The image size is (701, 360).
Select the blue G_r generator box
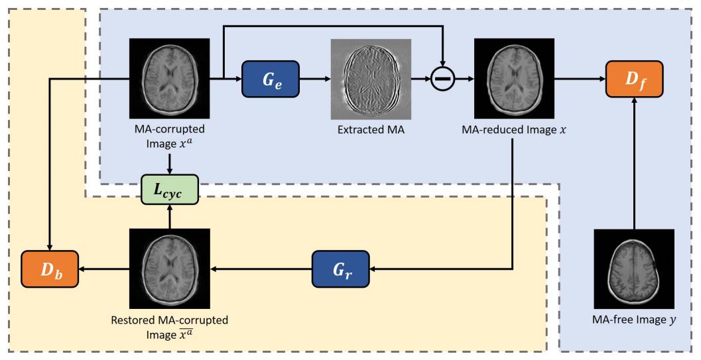tap(340, 269)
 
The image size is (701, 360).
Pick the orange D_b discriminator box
tap(50, 269)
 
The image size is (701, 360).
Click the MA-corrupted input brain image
tap(170, 78)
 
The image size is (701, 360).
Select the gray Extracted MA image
tap(371, 78)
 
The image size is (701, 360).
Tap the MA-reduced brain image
tap(515, 78)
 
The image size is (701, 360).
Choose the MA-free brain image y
tap(633, 269)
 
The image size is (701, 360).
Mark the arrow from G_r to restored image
tap(261, 269)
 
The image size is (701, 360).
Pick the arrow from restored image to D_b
tap(103, 269)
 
